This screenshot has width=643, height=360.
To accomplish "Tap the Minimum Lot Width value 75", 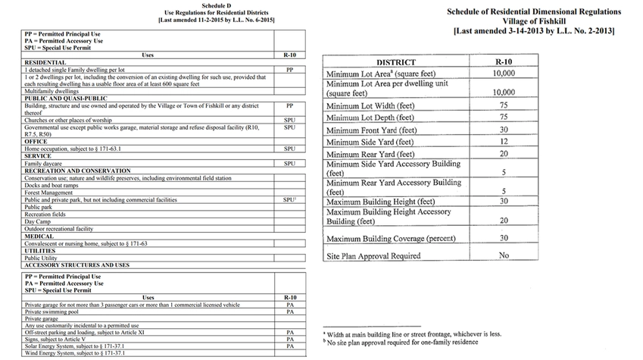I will [503, 105].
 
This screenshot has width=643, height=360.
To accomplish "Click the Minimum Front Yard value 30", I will [503, 130].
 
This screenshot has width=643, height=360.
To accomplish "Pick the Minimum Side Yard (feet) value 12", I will [503, 142].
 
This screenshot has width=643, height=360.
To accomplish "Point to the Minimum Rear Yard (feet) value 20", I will [503, 154].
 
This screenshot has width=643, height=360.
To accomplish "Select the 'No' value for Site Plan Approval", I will [503, 255].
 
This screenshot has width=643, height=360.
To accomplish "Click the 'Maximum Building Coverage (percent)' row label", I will [391, 239].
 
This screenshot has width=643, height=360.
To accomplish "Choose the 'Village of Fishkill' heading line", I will [533, 21].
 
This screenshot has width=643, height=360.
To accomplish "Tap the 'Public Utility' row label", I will [41, 258].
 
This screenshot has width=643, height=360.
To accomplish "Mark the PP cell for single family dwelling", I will [289, 69].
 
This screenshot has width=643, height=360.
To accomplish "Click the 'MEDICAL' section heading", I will [39, 236].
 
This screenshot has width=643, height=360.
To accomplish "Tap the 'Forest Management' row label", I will [48, 193].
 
